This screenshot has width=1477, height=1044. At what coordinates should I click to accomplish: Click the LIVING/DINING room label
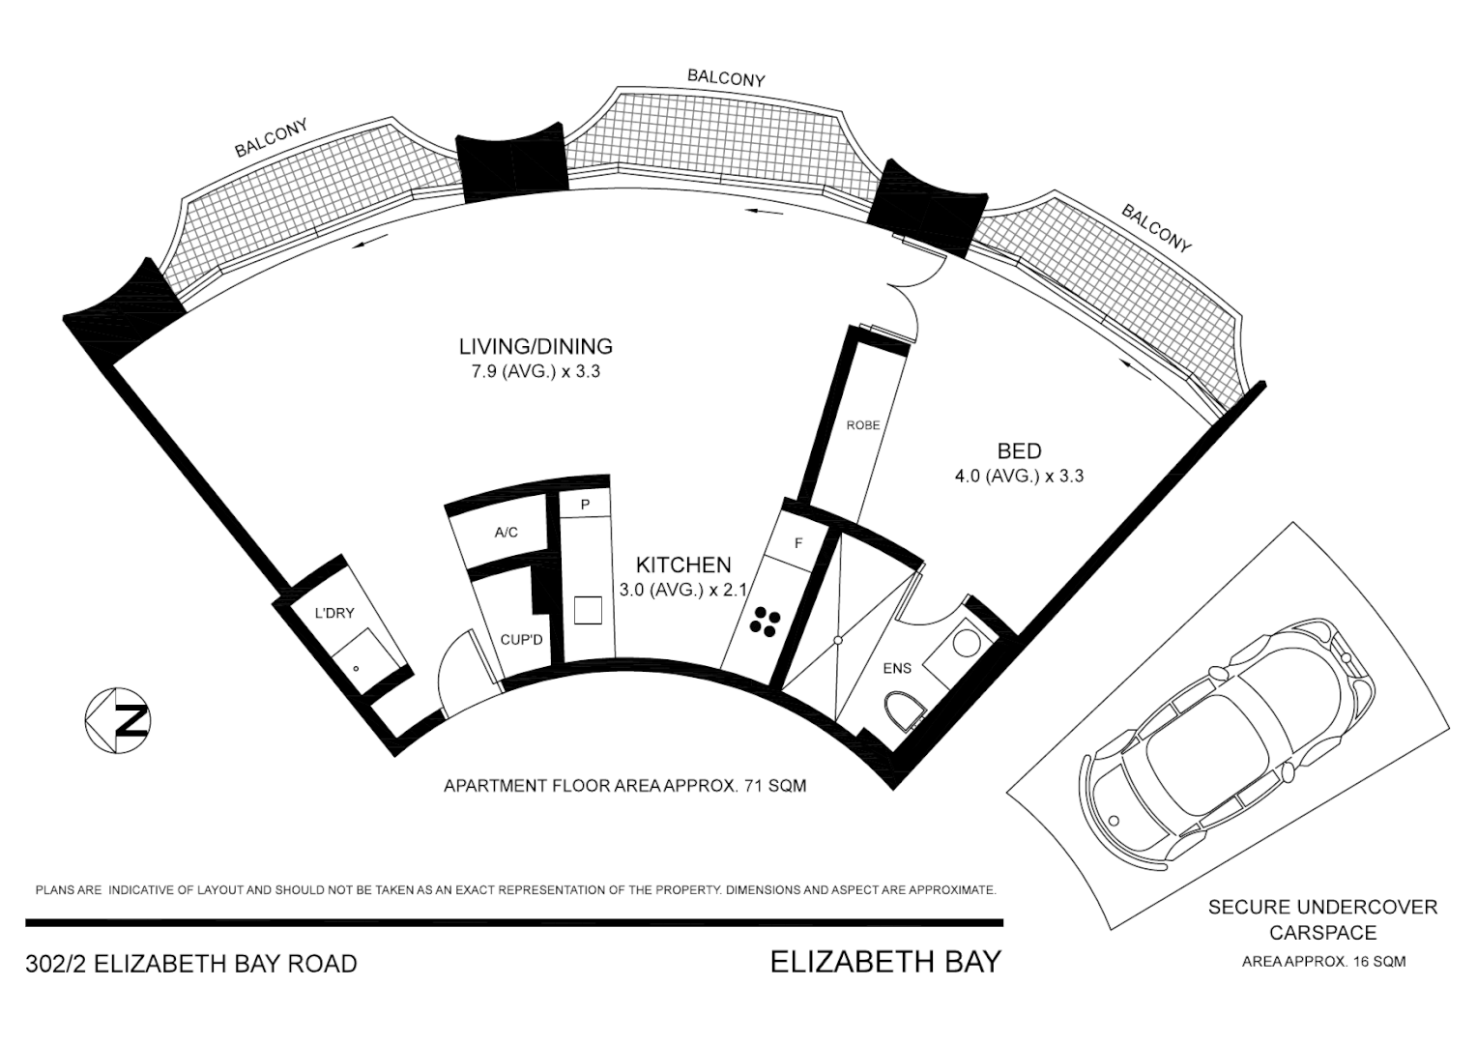pos(536,346)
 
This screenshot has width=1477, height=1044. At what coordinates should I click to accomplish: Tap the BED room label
pos(1019,450)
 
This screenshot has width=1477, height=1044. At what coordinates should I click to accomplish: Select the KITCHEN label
pos(682,565)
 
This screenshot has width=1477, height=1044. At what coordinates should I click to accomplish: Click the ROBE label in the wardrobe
pos(862,425)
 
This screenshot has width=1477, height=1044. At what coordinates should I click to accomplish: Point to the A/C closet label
pos(506,533)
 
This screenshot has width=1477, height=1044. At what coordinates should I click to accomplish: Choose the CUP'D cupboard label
pos(521,640)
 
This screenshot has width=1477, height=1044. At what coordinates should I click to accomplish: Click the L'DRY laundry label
pos(334,613)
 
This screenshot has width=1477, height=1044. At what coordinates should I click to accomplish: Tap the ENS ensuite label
pos(897,668)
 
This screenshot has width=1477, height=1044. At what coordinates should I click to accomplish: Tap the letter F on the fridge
pos(798,543)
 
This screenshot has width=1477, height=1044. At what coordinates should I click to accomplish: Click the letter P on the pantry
pos(585,506)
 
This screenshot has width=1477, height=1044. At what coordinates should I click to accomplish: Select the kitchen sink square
pos(588,611)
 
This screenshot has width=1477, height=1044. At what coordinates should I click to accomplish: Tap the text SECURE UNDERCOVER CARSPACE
pos(1322,919)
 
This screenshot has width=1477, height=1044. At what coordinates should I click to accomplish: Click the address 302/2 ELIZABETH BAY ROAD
pos(191,964)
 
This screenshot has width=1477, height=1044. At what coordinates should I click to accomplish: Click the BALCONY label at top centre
pos(726,78)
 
